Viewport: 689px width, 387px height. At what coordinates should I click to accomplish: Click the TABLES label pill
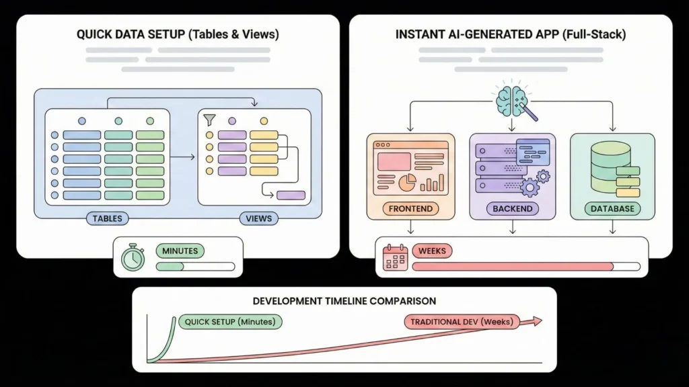tap(107, 218)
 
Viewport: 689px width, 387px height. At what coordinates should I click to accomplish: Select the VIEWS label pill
tap(258, 218)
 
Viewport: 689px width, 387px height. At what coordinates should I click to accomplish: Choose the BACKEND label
tap(512, 209)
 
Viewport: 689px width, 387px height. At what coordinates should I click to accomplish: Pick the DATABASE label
tap(612, 209)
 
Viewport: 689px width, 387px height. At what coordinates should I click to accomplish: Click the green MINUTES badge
tap(180, 251)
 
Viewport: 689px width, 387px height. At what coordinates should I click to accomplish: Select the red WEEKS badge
tap(432, 251)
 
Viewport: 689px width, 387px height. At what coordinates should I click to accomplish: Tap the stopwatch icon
tap(133, 257)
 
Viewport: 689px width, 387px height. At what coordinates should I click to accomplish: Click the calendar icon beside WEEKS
tap(394, 257)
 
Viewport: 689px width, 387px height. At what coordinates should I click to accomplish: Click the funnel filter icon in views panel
tap(210, 120)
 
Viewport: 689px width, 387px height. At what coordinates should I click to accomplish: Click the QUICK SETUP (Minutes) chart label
tap(229, 322)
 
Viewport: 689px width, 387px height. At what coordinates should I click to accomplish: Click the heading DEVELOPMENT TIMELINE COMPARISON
tap(344, 301)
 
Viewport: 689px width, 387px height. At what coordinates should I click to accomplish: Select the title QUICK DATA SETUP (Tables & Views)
tap(178, 34)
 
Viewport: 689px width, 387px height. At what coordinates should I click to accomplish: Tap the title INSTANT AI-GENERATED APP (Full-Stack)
tap(510, 34)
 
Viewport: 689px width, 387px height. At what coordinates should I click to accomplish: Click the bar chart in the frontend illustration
tap(437, 182)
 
